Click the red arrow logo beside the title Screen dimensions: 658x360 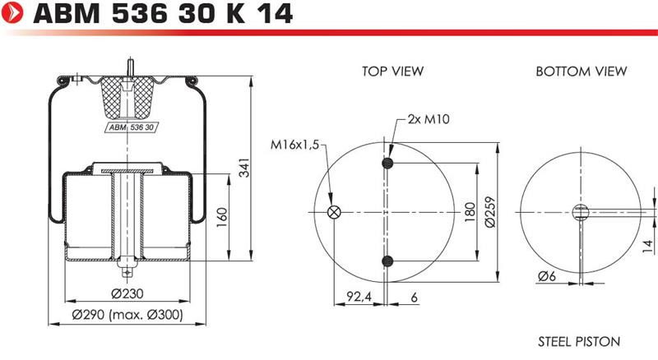point(12,12)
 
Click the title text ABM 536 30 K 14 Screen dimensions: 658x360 point(163,13)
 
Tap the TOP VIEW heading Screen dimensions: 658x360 point(393,71)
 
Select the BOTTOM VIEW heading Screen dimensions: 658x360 point(582,71)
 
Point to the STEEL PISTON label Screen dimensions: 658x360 point(579,342)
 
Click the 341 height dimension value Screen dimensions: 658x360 point(243,168)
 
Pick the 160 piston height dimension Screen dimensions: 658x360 point(221,217)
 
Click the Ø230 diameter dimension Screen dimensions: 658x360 point(127,293)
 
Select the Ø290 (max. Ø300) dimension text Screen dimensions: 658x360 point(127,314)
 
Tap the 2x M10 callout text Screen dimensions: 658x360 point(429,119)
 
